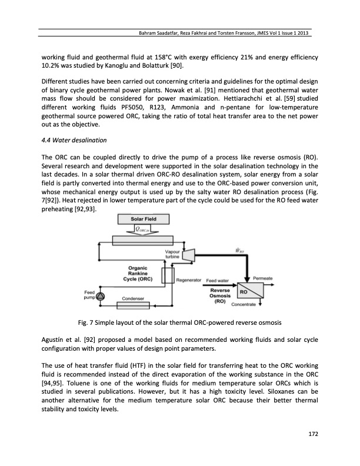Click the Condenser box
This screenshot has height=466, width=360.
tap(135, 298)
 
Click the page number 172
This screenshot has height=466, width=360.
tap(314, 434)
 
